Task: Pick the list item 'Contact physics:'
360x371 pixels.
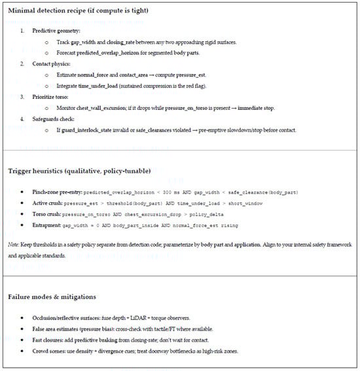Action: pyautogui.click(x=51, y=63)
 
